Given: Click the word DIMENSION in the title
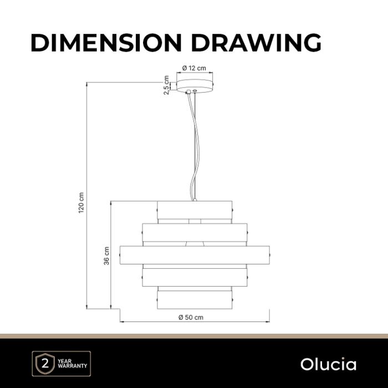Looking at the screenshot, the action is pyautogui.click(x=106, y=43).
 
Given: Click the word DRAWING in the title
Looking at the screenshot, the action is pyautogui.click(x=256, y=43).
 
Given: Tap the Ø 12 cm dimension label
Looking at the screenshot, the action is pyautogui.click(x=194, y=68).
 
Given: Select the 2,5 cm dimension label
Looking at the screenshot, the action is pyautogui.click(x=166, y=85).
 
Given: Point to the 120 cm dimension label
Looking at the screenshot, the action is pyautogui.click(x=81, y=203).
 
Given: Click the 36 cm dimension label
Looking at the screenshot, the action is pyautogui.click(x=106, y=256).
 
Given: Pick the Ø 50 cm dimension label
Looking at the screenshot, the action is pyautogui.click(x=191, y=317).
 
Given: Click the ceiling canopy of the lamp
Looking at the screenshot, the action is pyautogui.click(x=195, y=86).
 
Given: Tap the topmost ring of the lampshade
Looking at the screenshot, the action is pyautogui.click(x=195, y=210).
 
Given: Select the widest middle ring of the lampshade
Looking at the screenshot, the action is pyautogui.click(x=195, y=255).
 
